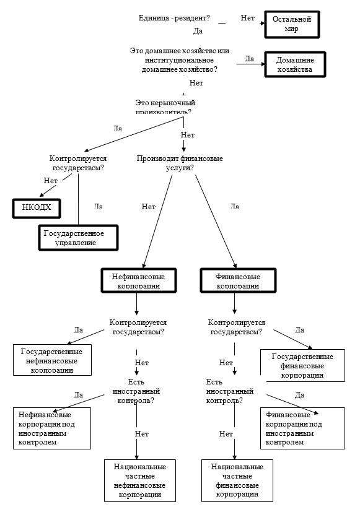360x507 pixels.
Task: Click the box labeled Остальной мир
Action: click(x=291, y=25)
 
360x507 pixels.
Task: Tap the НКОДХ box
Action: click(x=37, y=209)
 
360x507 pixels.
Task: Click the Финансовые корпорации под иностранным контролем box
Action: click(x=302, y=428)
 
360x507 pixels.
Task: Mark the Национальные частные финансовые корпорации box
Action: click(x=237, y=480)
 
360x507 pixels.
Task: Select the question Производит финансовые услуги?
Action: click(x=180, y=163)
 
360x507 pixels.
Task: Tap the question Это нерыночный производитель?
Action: click(x=163, y=106)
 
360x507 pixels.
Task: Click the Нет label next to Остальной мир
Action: click(x=248, y=19)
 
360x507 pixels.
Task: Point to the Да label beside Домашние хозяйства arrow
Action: click(x=250, y=59)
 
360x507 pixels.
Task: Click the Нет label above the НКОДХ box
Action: click(x=51, y=181)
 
